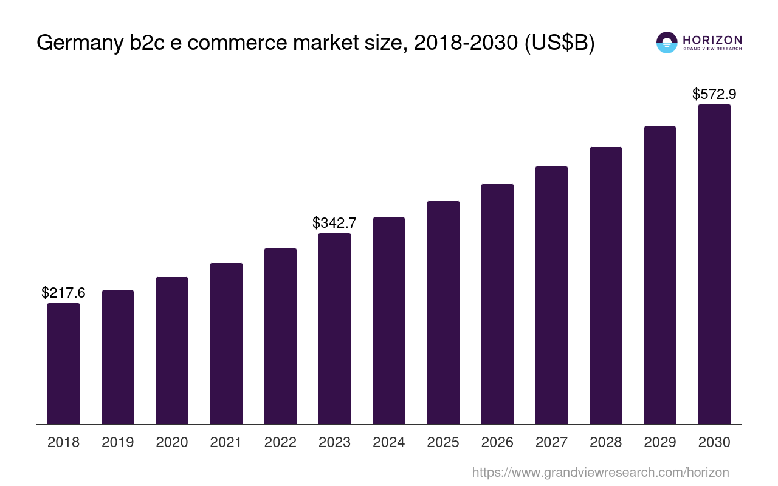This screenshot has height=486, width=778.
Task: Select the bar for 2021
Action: pos(226,343)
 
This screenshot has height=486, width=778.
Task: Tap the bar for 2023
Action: pos(334,329)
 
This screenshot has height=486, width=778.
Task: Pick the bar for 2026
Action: pos(497,304)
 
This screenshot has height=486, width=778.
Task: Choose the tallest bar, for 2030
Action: pos(714,264)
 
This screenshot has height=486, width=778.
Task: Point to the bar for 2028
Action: pos(605,286)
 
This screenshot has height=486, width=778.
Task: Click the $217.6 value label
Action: pos(63,293)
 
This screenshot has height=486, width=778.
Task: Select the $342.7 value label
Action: pos(334,223)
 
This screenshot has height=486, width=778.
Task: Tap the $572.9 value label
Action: pos(714,94)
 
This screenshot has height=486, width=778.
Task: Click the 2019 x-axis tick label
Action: pos(117,442)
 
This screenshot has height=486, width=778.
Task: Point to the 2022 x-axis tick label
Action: pos(280,442)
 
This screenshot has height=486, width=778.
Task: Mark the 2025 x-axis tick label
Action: pos(443,442)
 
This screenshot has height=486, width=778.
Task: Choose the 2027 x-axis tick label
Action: pos(551,442)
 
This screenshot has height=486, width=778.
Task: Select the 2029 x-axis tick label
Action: pos(660,442)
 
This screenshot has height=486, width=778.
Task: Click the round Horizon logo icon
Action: pos(667,43)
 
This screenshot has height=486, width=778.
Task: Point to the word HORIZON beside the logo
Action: pos(712,39)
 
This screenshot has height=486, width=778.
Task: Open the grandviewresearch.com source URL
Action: pos(600,473)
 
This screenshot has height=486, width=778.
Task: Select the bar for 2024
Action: pos(389,321)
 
